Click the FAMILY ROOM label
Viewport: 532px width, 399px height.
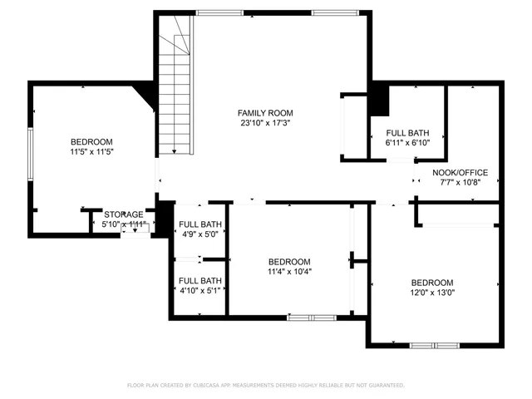tap(265, 113)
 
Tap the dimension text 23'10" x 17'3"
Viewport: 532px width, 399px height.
tap(265, 123)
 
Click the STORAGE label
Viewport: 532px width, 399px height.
tap(123, 214)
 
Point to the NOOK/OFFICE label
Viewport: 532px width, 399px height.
tap(461, 173)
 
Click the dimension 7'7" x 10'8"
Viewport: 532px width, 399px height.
tap(461, 183)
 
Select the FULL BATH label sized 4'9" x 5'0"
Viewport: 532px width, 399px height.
tap(200, 224)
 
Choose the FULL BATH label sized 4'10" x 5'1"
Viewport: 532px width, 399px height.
tap(200, 281)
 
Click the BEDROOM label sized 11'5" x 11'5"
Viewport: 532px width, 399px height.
tap(91, 142)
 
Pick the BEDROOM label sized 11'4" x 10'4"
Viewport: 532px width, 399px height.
tap(289, 261)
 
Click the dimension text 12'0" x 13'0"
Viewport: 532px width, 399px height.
tap(432, 293)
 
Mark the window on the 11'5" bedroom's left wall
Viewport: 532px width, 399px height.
tap(31, 156)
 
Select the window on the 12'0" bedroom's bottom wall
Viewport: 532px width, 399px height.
tap(434, 344)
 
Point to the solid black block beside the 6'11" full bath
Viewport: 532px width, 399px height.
tap(379, 100)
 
